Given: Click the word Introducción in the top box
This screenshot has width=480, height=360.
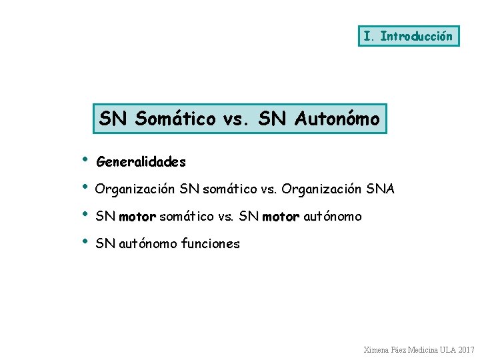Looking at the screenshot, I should point(416,36).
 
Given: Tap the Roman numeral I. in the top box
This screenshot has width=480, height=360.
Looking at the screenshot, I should point(368,36).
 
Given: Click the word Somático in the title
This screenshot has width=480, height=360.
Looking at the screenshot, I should point(175,119).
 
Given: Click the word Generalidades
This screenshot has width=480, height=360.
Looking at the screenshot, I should point(141,162).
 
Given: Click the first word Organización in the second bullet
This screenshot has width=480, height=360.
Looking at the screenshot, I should point(135,189).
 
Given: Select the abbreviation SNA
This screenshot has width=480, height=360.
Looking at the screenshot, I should point(380,189).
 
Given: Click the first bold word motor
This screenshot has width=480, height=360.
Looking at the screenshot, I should point(137,217).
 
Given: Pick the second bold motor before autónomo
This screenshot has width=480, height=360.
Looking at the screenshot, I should point(281,217).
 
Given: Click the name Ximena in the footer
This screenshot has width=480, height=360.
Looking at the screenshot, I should point(377,350).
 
